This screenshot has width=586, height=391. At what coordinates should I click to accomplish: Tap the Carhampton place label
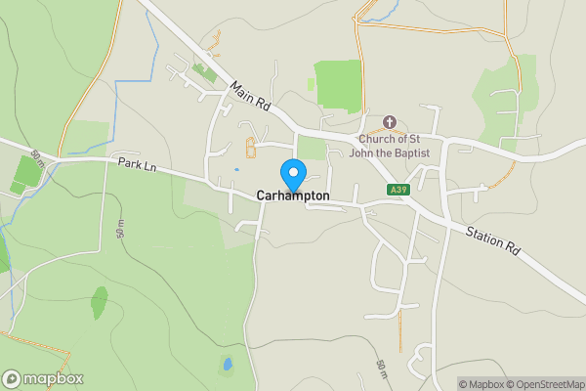293,196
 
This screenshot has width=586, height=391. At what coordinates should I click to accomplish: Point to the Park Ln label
137,165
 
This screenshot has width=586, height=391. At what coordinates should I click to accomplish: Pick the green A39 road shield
397,190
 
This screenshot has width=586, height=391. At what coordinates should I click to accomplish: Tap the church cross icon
389,122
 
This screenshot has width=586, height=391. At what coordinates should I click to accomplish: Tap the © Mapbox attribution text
480,384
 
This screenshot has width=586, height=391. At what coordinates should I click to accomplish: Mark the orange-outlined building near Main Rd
251,148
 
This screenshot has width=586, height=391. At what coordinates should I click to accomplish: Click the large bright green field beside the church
337,86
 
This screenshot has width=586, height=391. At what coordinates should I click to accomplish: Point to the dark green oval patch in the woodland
99,302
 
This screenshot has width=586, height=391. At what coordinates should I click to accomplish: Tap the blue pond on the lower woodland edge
228,365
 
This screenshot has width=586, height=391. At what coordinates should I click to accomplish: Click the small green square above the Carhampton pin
311,147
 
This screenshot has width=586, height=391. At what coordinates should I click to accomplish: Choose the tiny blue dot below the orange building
236,170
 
